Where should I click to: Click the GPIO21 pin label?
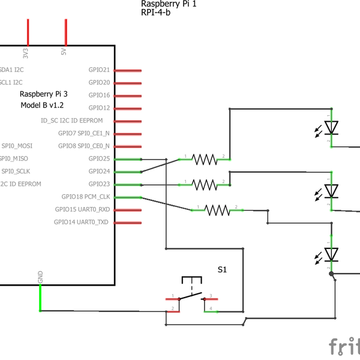[99, 70]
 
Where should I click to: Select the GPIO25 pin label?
[99, 159]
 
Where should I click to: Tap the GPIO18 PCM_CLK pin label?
[86, 197]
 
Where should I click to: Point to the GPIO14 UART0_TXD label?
[82, 223]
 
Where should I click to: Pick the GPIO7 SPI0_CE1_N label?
[84, 133]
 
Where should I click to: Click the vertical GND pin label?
[41, 277]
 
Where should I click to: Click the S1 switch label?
[222, 270]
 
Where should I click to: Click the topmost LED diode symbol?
[331, 127]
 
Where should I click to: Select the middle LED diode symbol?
[331, 191]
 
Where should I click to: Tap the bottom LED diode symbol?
[331, 254]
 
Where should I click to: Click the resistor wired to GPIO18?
[217, 209]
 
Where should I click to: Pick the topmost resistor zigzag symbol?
[204, 159]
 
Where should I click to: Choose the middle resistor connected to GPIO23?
[204, 184]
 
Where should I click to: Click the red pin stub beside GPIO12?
[127, 108]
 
